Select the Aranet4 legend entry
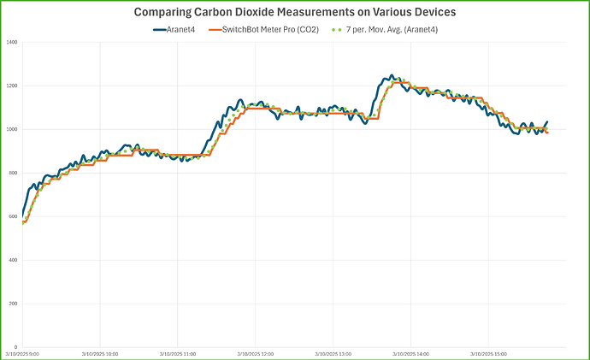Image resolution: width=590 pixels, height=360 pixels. click(x=177, y=29)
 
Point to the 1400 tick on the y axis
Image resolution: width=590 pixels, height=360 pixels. click(x=12, y=42)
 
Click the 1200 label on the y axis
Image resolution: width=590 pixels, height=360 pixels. click(x=12, y=86)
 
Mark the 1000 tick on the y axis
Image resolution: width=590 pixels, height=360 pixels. click(x=12, y=129)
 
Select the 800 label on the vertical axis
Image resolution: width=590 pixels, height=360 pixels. click(x=14, y=173)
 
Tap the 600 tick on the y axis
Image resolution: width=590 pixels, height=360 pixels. click(x=14, y=216)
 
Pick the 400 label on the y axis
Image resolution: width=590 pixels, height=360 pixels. click(x=14, y=260)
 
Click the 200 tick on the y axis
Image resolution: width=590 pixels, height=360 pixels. click(x=14, y=304)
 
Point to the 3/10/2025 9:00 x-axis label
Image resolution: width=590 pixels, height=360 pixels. click(x=23, y=352)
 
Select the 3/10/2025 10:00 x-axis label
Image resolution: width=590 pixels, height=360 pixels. click(x=100, y=352)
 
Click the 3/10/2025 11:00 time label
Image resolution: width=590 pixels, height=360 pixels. click(x=178, y=352)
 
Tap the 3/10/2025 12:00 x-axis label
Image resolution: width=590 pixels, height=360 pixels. click(x=255, y=352)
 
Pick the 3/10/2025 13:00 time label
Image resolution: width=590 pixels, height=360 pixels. click(x=333, y=352)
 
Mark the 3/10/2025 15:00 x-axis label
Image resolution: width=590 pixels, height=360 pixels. click(x=487, y=352)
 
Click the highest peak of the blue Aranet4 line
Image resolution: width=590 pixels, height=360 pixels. click(x=392, y=75)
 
